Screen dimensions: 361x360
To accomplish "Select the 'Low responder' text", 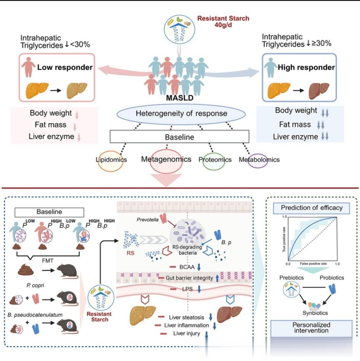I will click(65, 67).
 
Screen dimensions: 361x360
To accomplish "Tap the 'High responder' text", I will click(306, 67).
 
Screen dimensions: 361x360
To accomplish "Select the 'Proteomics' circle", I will click(215, 160).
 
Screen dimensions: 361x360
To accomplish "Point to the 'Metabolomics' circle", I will click(258, 159).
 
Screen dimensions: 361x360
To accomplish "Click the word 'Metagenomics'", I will click(166, 159).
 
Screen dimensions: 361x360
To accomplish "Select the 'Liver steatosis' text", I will click(186, 318).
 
